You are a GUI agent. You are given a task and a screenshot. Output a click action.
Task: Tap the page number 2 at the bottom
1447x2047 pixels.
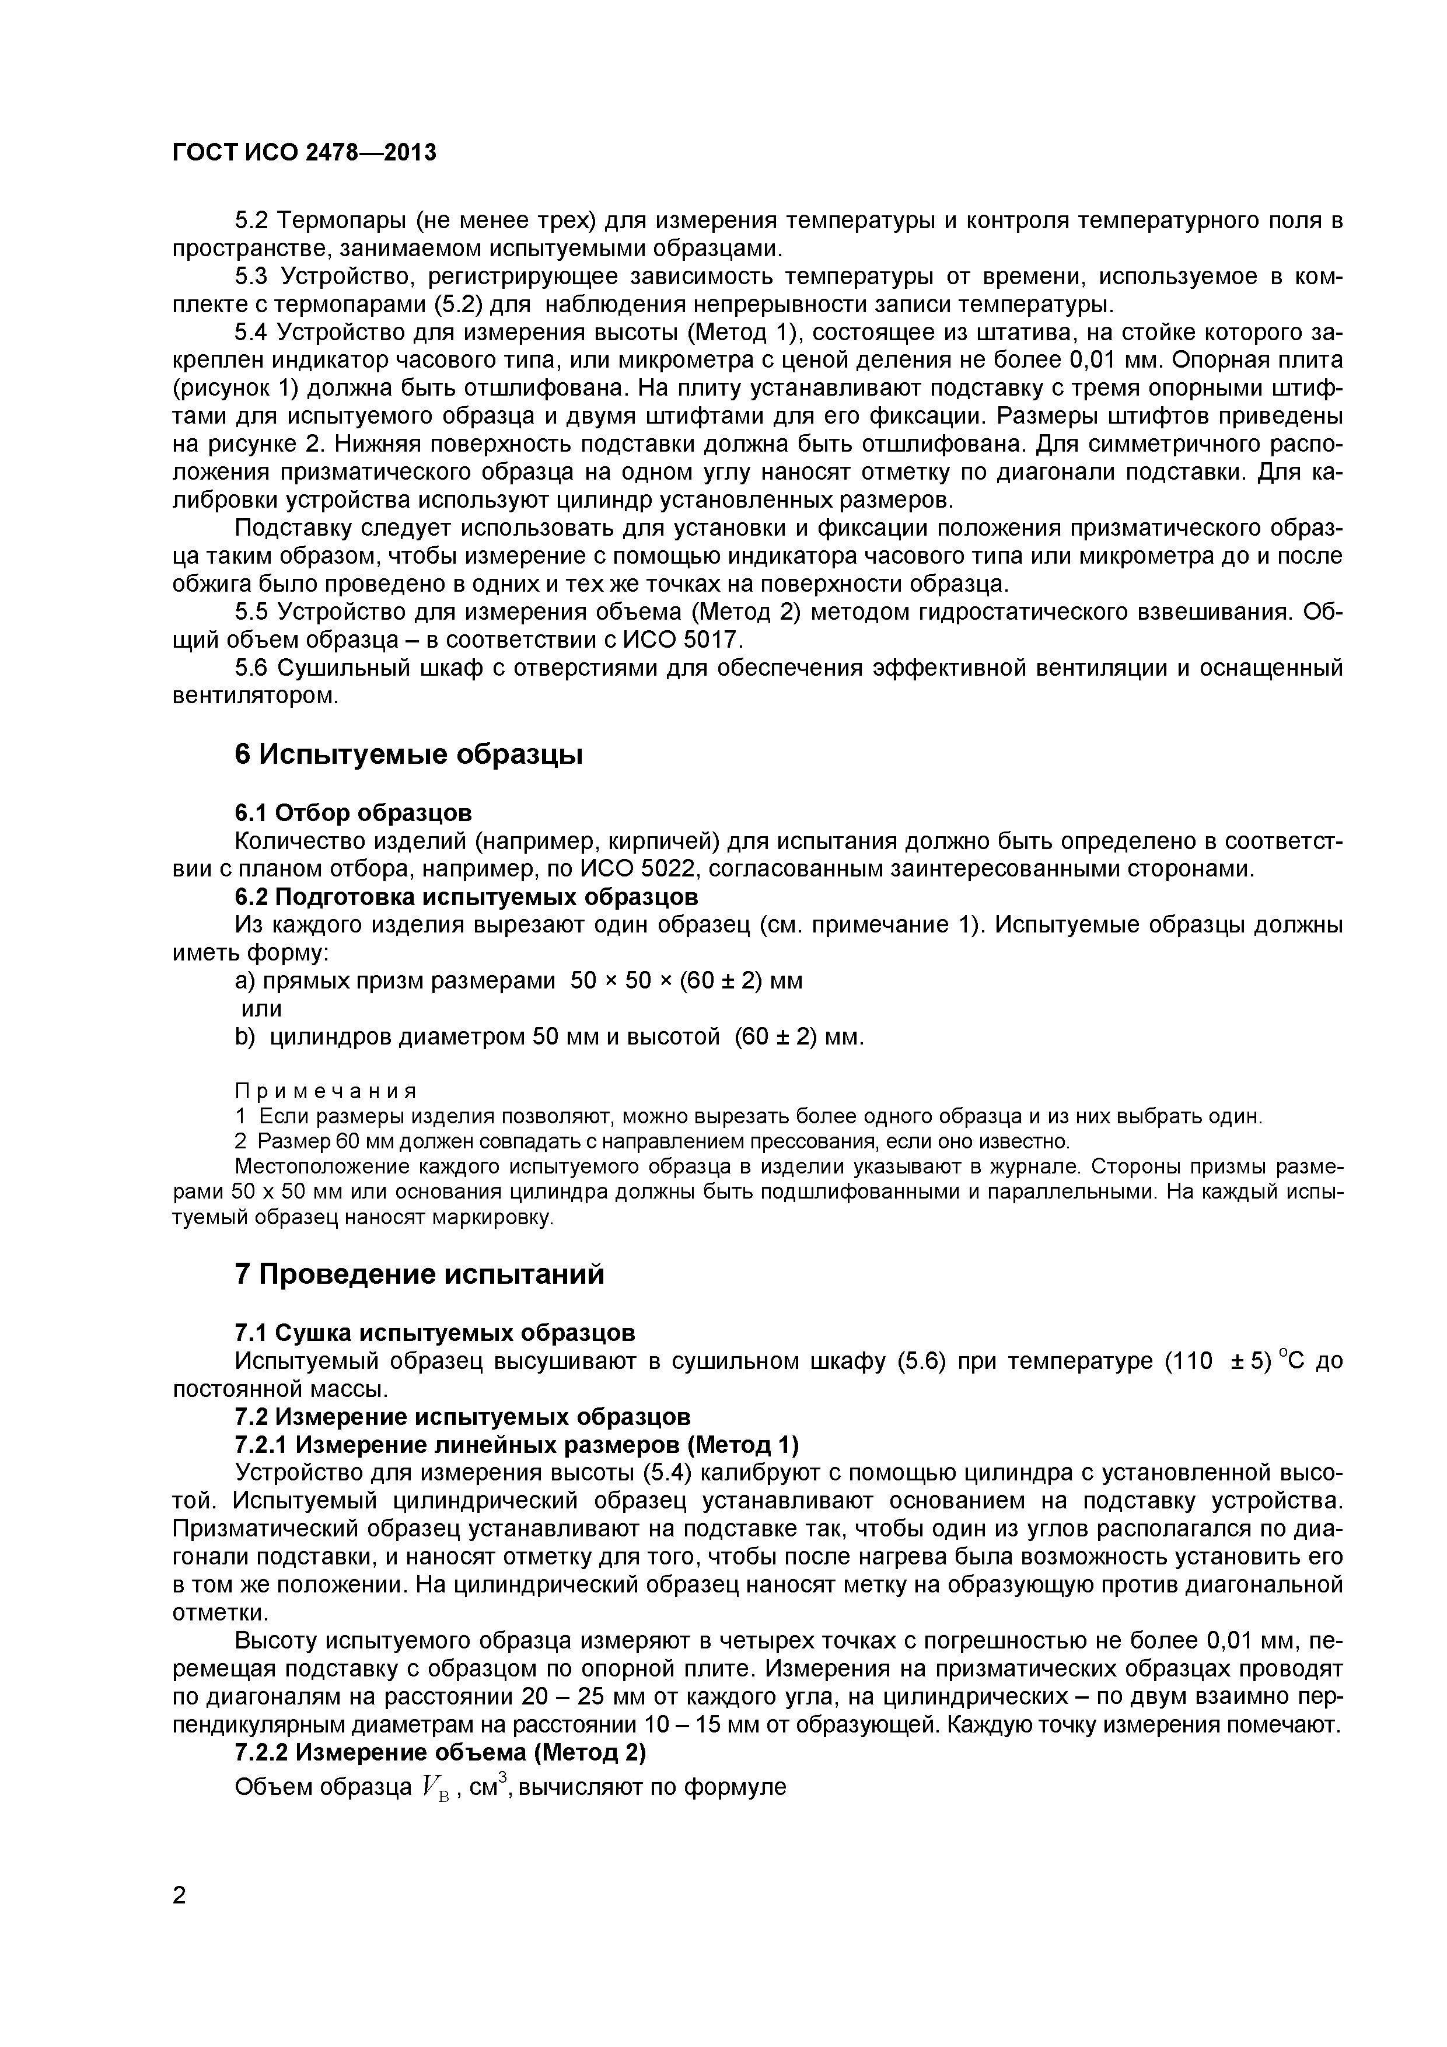click(179, 1920)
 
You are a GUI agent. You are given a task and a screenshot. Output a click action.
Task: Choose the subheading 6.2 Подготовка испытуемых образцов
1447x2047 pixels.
click(466, 896)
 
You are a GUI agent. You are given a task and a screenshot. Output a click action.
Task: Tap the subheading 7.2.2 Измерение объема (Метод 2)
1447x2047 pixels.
click(439, 1753)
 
